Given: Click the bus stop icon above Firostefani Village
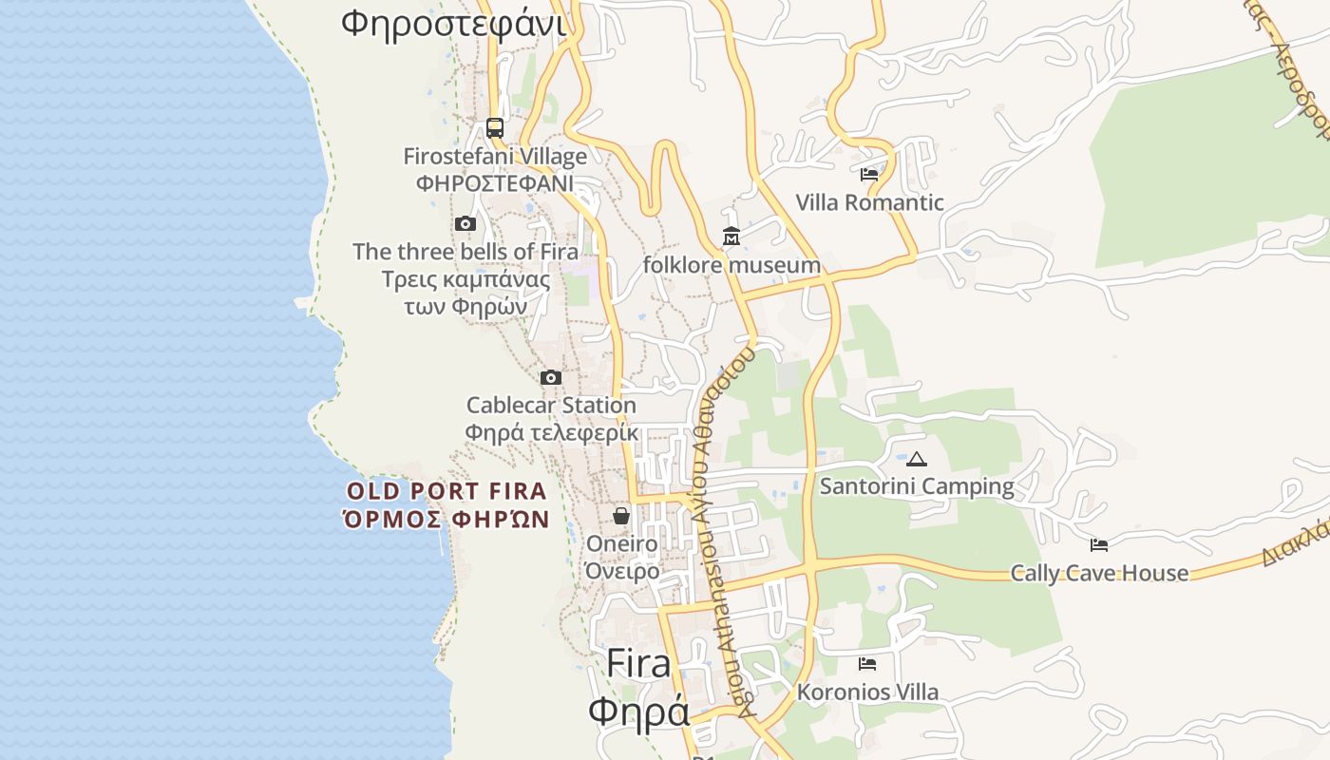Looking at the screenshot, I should (x=494, y=127).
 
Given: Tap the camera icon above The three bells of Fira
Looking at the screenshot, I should (x=465, y=224).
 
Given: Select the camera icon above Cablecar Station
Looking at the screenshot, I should (x=551, y=378).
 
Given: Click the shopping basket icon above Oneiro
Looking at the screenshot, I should (x=621, y=516).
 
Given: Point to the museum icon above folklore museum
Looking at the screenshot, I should (x=731, y=237).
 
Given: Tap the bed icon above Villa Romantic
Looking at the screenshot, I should (x=869, y=175).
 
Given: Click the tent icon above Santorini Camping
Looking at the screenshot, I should (x=917, y=460).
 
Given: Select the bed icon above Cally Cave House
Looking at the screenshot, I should (x=1099, y=545).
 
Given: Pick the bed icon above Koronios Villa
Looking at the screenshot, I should (x=867, y=664).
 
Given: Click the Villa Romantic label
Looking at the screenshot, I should (x=869, y=202).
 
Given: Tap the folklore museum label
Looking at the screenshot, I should (x=731, y=265).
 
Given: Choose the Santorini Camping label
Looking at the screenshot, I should (x=917, y=486).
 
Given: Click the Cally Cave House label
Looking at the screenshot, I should (x=1099, y=573).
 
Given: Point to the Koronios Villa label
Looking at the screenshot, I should (x=867, y=693).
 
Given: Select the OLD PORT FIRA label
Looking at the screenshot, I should (x=446, y=491).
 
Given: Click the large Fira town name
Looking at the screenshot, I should (x=638, y=662).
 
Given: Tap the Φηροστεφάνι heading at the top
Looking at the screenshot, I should (x=453, y=23).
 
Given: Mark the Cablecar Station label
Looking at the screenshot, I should (x=551, y=406).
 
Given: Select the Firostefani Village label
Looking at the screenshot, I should (x=495, y=156).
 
